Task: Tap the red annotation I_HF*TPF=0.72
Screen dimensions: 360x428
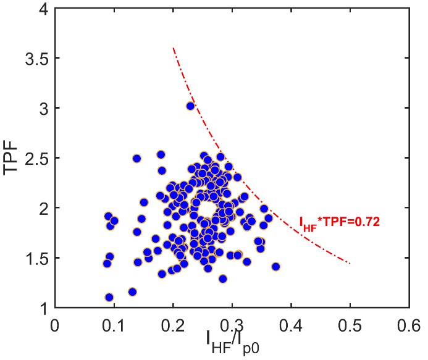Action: click(339, 221)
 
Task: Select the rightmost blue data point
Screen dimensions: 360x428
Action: click(275, 267)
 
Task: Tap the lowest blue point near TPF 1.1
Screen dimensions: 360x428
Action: click(109, 297)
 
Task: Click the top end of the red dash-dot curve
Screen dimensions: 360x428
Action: click(174, 48)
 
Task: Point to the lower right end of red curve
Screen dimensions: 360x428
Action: click(350, 263)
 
